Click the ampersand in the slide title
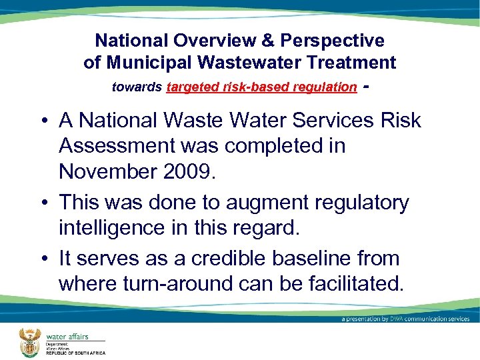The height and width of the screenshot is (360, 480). click(x=267, y=41)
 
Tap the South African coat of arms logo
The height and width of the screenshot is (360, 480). click(x=31, y=341)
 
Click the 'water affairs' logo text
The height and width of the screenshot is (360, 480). click(x=67, y=336)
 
